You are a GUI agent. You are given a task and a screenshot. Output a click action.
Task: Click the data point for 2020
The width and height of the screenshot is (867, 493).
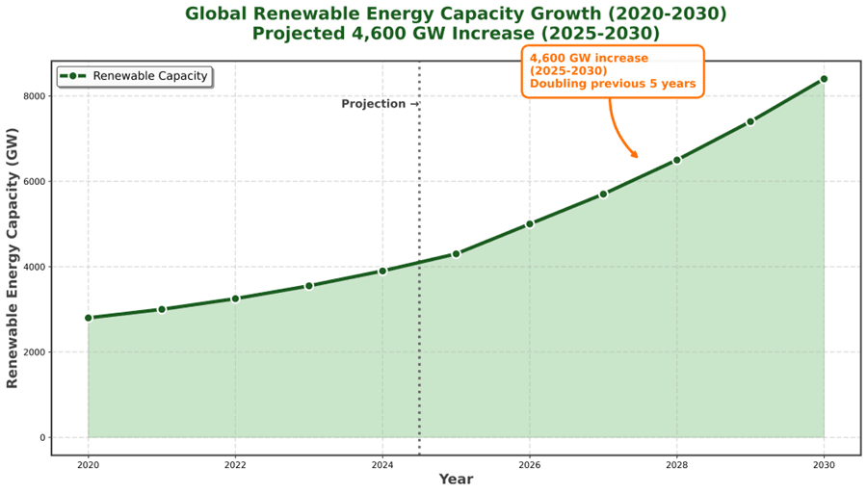(88, 318)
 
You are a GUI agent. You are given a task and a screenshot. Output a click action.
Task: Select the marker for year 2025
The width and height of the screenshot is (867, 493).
(456, 253)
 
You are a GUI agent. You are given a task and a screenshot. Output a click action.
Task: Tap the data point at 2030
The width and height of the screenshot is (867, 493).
(824, 79)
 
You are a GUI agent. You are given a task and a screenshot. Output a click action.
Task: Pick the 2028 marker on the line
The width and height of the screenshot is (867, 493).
(676, 160)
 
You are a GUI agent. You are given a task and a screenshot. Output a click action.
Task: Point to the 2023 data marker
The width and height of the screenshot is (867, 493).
(308, 286)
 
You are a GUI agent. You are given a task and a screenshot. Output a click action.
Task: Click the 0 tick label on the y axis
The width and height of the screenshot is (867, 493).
(41, 438)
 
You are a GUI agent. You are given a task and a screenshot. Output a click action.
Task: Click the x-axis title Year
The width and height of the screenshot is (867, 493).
(456, 479)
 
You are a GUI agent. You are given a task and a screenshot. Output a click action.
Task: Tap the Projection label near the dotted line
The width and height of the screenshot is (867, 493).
(380, 104)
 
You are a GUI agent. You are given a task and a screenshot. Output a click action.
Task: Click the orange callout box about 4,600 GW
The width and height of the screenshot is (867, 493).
(613, 71)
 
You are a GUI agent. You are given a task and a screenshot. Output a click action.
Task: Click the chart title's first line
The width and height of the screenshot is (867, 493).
(456, 13)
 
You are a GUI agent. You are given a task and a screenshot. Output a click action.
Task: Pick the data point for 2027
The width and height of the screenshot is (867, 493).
(603, 194)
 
